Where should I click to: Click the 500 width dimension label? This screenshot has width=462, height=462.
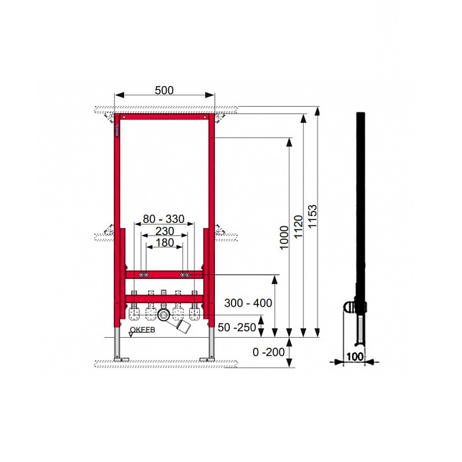click(164, 91)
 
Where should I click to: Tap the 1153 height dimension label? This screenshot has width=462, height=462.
click(312, 216)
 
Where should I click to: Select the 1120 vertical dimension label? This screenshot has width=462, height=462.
click(298, 227)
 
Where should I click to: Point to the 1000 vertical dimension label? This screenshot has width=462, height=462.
click(284, 237)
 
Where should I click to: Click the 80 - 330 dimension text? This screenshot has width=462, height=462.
click(163, 219)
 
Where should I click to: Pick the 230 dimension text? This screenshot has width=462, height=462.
click(165, 231)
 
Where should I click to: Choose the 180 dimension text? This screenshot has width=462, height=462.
click(165, 243)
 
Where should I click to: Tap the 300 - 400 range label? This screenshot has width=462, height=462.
click(248, 303)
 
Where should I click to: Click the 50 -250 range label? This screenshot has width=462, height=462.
click(237, 327)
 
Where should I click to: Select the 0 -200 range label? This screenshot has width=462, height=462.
click(269, 352)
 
